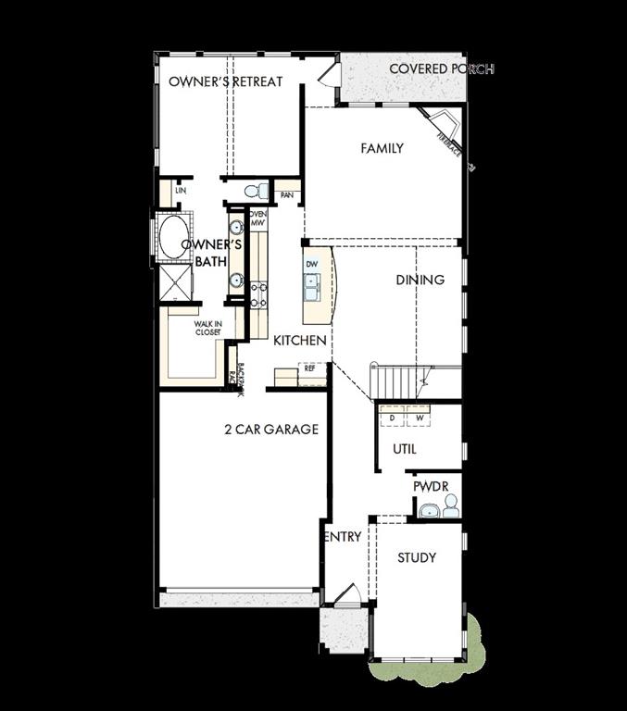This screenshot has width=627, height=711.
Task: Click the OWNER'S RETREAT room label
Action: (225, 81)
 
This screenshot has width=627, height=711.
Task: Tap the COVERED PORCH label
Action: (441, 69)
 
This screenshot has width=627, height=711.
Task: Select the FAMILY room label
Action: (382, 148)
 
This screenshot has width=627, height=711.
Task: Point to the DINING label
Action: (420, 280)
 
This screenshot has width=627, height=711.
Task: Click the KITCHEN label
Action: (299, 341)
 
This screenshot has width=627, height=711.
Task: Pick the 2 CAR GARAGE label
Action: (270, 430)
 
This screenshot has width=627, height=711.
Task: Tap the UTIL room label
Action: (405, 449)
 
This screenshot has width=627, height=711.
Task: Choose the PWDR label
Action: (431, 485)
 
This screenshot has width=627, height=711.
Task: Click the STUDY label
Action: (417, 557)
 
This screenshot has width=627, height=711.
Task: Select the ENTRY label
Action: (343, 537)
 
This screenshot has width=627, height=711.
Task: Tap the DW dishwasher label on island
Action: (312, 264)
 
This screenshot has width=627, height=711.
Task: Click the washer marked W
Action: (420, 418)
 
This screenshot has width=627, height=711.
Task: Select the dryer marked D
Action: (393, 418)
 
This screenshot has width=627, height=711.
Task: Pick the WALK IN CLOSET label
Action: (207, 328)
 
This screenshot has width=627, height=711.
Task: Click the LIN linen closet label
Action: (181, 191)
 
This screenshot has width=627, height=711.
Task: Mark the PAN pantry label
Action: (287, 195)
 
